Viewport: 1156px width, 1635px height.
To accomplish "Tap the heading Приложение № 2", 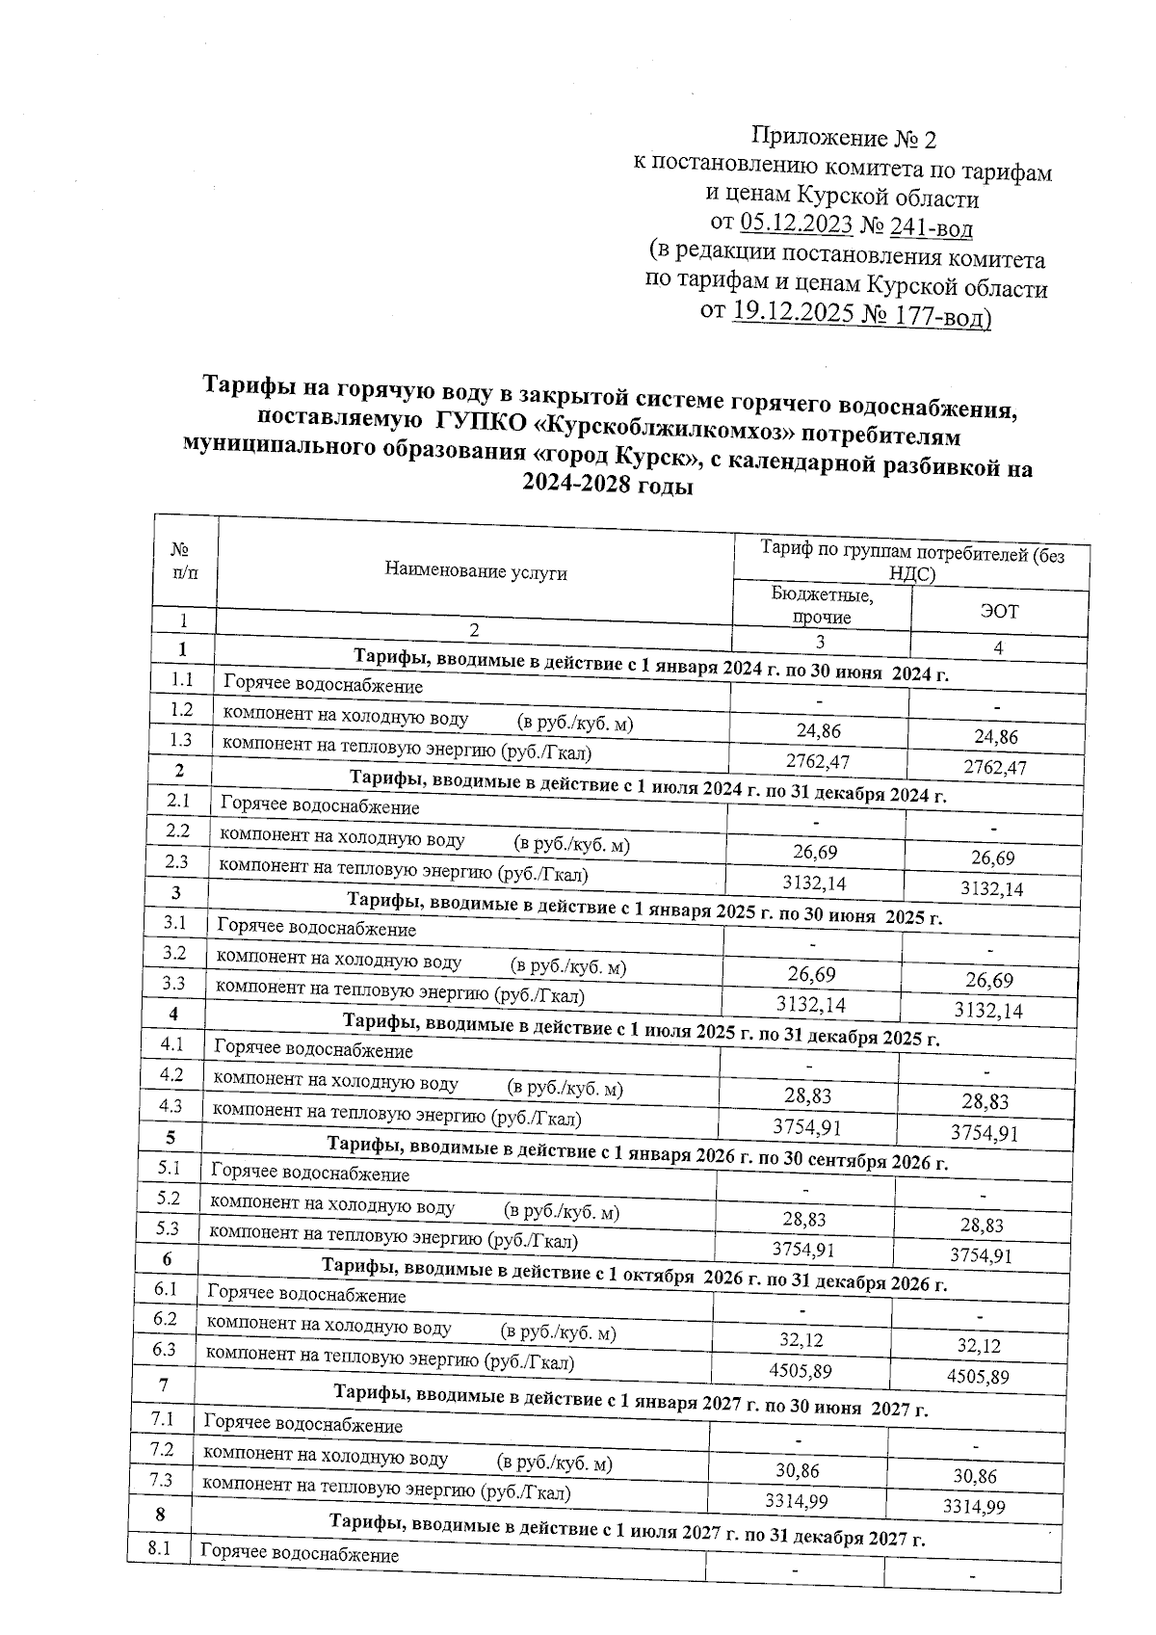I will coord(844,140).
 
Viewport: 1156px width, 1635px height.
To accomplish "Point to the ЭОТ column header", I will coord(998,612).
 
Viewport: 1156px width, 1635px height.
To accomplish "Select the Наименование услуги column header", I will coord(476,572).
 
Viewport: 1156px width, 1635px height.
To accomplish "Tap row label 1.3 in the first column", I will coord(181,740).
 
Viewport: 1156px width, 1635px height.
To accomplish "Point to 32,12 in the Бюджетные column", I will coord(801,1340).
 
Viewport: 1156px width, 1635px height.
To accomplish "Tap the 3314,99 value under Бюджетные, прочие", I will coord(796,1501).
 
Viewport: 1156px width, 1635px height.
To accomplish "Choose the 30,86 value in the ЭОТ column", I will coord(975,1476).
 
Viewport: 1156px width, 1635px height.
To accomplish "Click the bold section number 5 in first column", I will coord(171,1137).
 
